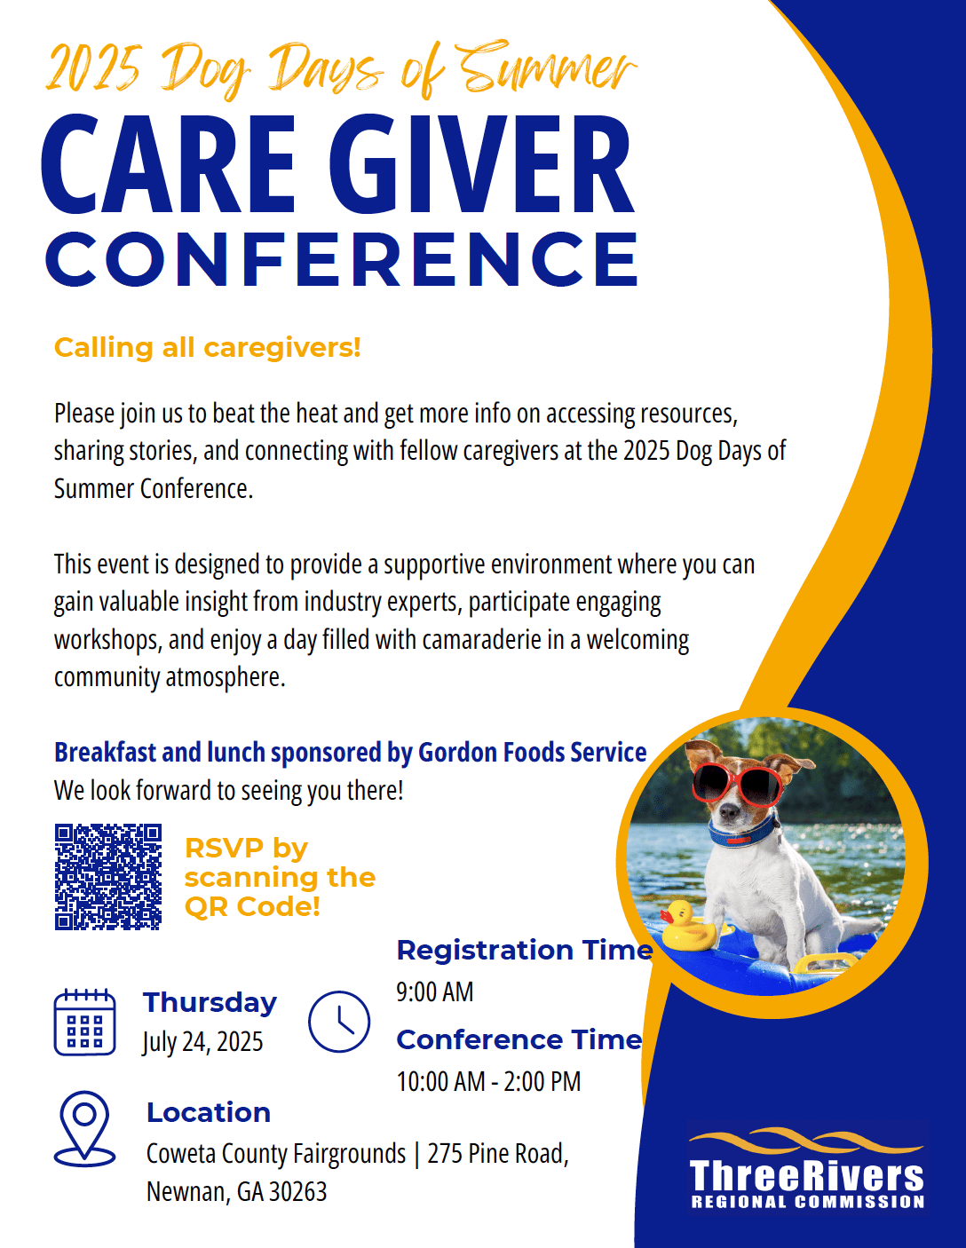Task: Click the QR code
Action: point(108,877)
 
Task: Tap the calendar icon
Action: point(85,1022)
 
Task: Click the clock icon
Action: point(339,1021)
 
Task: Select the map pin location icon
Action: point(84,1128)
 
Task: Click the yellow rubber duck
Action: point(688,925)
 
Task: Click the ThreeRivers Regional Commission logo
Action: point(807,1168)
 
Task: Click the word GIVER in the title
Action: point(481,164)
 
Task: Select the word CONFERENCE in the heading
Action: point(343,259)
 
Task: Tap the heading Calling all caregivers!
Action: point(208,348)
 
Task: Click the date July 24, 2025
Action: point(202,1041)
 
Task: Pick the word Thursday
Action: point(210,1003)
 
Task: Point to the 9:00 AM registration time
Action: point(435,991)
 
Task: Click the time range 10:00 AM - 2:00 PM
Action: point(488,1081)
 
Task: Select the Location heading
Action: point(209,1112)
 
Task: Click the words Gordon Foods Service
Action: point(533,753)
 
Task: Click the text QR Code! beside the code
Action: point(252,907)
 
